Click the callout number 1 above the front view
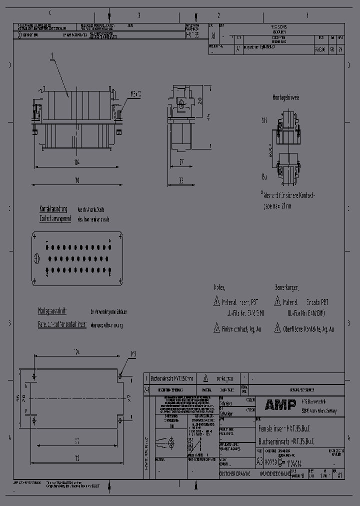point(51,60)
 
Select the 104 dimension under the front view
point(77,162)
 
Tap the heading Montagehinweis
point(286,98)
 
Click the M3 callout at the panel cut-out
point(133,354)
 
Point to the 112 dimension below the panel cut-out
point(76,458)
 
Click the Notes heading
point(219,288)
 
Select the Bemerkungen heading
point(286,288)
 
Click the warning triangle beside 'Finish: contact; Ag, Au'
point(216,328)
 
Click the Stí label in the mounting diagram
point(264,120)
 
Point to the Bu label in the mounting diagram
point(264,176)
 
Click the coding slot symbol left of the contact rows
point(36,258)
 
